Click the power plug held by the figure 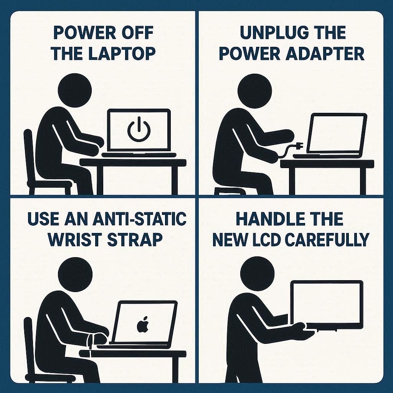pyautogui.click(x=299, y=145)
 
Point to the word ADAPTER pyautogui.click(x=325, y=54)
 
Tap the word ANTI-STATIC pyautogui.click(x=139, y=218)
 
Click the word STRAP pyautogui.click(x=135, y=239)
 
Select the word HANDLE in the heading pyautogui.click(x=270, y=219)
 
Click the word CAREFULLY pyautogui.click(x=327, y=239)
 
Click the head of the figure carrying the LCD pyautogui.click(x=257, y=274)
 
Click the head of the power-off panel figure pyautogui.click(x=75, y=90)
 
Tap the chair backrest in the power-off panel pyautogui.click(x=28, y=155)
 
